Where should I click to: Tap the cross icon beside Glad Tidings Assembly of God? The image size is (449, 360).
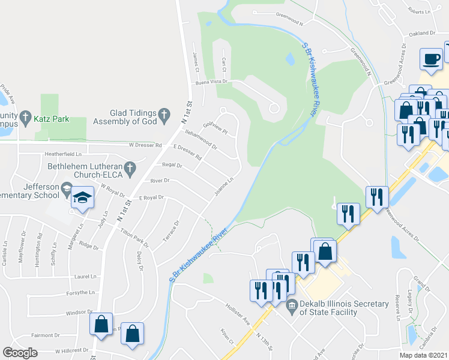(163, 113)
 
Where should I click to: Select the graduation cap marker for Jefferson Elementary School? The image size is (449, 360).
(82, 198)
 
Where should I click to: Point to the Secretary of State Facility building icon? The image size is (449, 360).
(292, 304)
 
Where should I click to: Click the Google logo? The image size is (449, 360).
(20, 353)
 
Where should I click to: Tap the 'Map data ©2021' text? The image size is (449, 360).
(423, 355)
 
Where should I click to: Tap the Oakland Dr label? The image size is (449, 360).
(421, 34)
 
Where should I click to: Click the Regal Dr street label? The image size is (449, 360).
(172, 165)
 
